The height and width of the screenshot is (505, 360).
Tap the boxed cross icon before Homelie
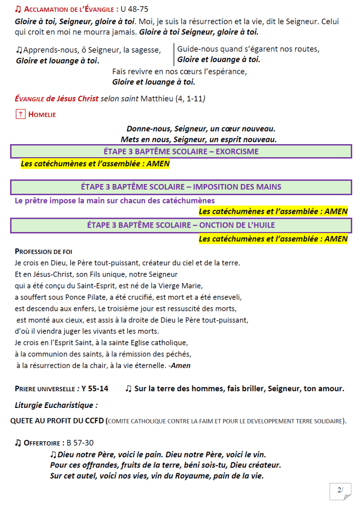coord(21,114)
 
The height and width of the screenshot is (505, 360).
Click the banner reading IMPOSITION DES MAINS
coord(181,187)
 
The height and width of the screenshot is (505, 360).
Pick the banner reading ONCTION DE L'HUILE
coord(181,225)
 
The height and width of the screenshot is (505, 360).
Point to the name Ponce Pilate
coord(86,296)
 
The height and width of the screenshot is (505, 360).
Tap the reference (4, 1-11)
coord(190,99)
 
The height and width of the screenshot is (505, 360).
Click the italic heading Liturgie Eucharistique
coord(56,405)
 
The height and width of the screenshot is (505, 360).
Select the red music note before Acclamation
coord(18,9)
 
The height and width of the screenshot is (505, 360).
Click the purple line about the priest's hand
coord(115,200)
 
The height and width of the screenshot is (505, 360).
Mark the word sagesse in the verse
coord(145,50)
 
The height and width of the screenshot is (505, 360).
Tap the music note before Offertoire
coord(18,443)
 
